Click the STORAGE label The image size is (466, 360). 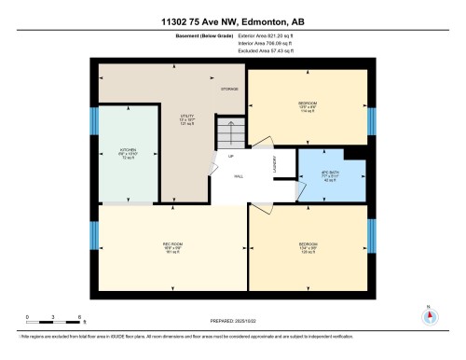pyautogui.click(x=228, y=89)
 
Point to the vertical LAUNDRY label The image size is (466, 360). pyautogui.click(x=275, y=165)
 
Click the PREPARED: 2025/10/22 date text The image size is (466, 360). pyautogui.click(x=233, y=322)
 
